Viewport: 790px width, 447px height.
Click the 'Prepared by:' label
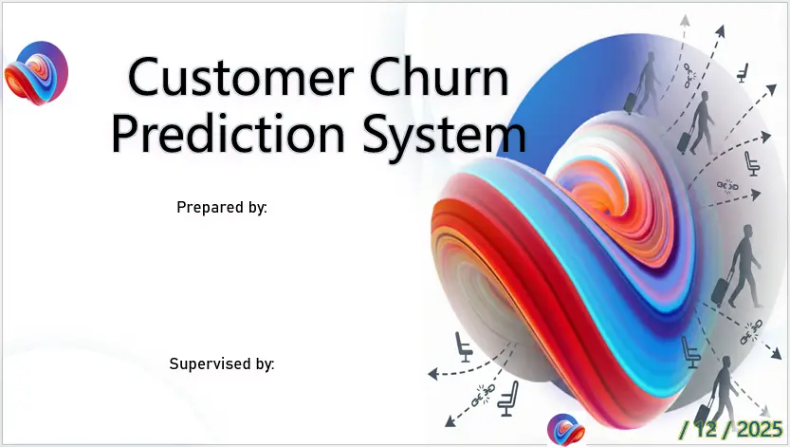point(222,206)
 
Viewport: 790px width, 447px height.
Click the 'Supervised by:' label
point(222,363)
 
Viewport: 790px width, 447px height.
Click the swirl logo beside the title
point(36,71)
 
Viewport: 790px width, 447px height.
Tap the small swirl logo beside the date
point(565,430)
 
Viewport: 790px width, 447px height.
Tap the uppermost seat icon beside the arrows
point(742,72)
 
